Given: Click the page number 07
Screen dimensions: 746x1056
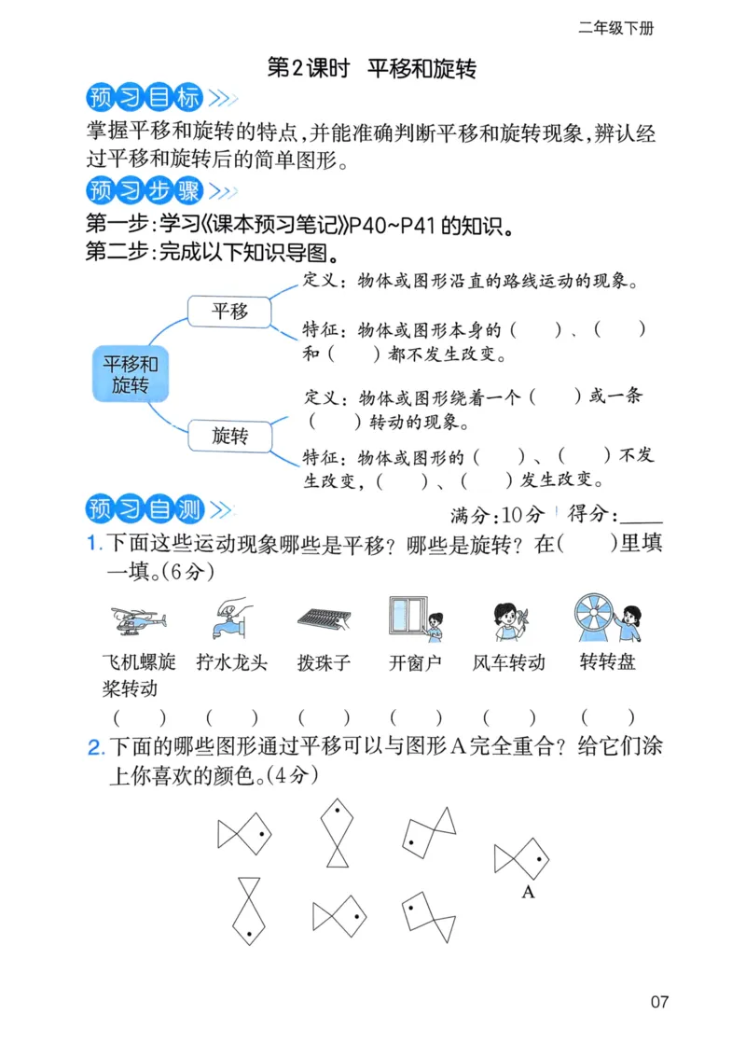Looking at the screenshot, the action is pyautogui.click(x=659, y=1003).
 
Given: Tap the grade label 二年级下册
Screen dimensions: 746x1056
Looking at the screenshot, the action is pyautogui.click(x=615, y=28).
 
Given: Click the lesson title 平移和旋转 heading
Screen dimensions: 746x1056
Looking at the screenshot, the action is pyautogui.click(x=372, y=68).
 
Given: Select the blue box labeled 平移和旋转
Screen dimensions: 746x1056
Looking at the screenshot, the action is pyautogui.click(x=130, y=374).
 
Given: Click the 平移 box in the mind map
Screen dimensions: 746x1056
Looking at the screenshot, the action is pyautogui.click(x=229, y=312).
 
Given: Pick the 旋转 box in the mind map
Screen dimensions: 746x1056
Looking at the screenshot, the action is pyautogui.click(x=229, y=435).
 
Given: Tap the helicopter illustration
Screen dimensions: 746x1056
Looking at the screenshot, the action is pyautogui.click(x=138, y=619).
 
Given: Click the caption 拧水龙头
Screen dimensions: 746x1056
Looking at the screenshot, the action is pyautogui.click(x=232, y=663).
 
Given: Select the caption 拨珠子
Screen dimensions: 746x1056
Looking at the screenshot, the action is pyautogui.click(x=324, y=663).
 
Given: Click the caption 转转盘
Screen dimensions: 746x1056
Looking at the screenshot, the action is pyautogui.click(x=607, y=663).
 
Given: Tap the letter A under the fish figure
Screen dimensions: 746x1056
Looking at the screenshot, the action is pyautogui.click(x=528, y=893).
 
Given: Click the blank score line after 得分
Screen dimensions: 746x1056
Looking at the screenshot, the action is pyautogui.click(x=641, y=516).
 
